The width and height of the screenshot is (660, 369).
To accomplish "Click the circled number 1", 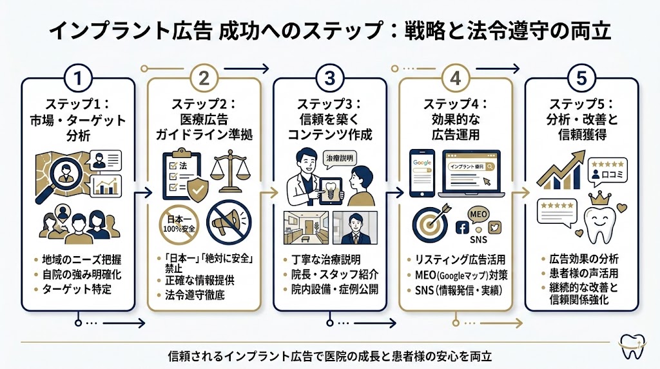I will (77, 79).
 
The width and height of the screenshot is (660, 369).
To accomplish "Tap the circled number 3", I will (329, 79).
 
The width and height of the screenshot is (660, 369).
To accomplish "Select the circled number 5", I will (582, 79).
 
